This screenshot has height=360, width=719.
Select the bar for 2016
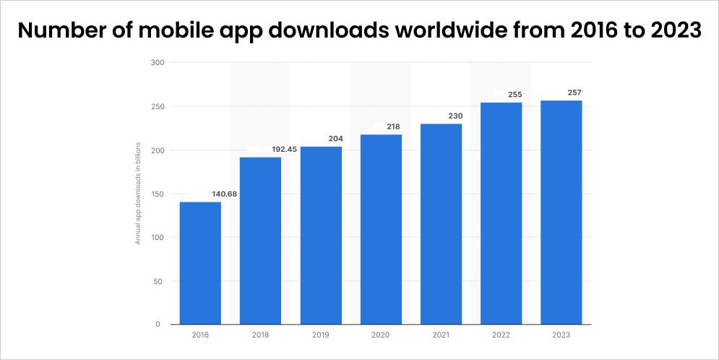[x=200, y=263]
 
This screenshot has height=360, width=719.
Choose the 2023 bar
[x=561, y=213]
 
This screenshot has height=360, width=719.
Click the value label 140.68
[x=224, y=194]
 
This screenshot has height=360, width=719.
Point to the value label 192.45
[x=284, y=150]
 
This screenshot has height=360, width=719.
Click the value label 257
[x=574, y=93]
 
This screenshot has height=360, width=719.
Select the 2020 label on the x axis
[x=381, y=335]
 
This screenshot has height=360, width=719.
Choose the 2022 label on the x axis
[x=501, y=335]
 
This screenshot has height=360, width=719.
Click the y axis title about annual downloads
[x=138, y=194]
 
